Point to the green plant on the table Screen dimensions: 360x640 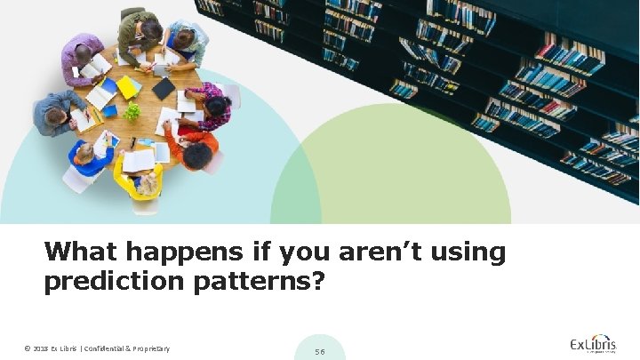[x=132, y=111]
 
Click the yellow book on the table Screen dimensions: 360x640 [x=128, y=87]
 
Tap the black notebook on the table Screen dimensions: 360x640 [x=164, y=88]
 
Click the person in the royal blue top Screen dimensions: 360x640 [x=90, y=157]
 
